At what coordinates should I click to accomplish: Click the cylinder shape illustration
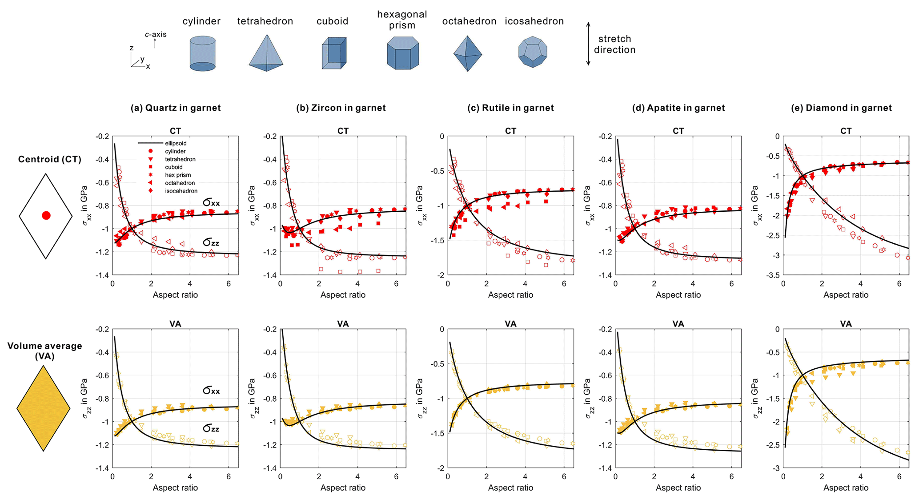(202, 54)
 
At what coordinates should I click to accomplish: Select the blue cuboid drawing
(334, 53)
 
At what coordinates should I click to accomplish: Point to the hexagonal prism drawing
(403, 53)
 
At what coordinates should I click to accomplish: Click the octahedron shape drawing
(467, 53)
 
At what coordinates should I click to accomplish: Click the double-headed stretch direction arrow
(588, 44)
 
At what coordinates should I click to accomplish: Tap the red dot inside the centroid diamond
(46, 216)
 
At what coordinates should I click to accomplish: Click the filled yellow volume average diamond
(44, 408)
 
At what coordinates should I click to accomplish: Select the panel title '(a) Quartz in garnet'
(175, 108)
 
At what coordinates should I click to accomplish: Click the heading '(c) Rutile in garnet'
(511, 108)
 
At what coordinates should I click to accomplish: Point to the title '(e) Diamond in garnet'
(846, 108)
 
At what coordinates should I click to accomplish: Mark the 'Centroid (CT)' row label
(49, 159)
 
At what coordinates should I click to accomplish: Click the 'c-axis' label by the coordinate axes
(156, 34)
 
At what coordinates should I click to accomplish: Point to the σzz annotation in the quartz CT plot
(211, 242)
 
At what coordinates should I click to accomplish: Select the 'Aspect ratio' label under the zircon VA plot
(343, 488)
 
